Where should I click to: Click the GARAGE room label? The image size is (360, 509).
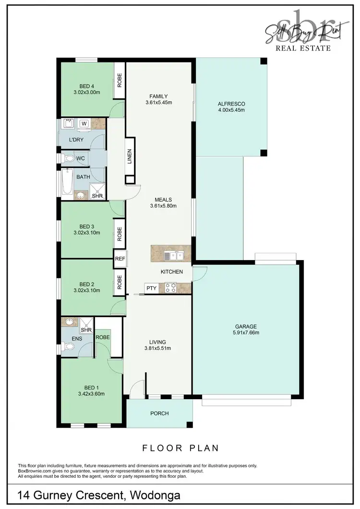245,326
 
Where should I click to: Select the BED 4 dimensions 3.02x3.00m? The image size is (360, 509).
86,92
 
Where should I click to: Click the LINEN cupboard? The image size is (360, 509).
130,156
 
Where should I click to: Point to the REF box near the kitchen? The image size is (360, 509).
120,259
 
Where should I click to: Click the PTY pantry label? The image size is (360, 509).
151,288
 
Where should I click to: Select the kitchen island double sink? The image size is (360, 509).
173,256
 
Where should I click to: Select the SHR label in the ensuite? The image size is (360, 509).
86,330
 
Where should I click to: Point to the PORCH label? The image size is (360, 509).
159,413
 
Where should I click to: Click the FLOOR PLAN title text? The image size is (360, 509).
180,448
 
